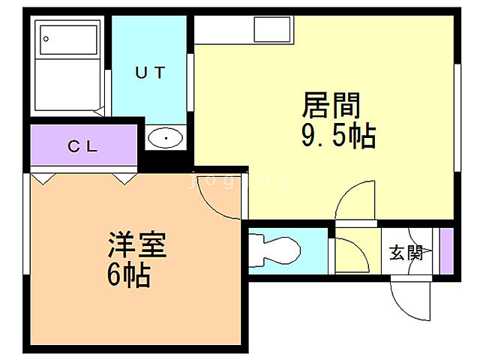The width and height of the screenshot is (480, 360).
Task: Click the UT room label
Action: click(149, 73)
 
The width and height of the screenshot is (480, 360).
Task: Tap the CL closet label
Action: click(83, 146)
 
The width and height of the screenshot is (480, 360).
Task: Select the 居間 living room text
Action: click(331, 105)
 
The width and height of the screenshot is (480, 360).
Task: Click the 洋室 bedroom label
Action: click(136, 245)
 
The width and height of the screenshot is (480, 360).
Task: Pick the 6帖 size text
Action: click(128, 275)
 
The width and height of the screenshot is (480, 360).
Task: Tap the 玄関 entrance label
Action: click(406, 253)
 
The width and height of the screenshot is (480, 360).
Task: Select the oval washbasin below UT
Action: click(166, 138)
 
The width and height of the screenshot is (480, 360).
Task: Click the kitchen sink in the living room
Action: click(271, 30)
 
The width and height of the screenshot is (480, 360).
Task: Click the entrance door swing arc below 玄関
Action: click(411, 300)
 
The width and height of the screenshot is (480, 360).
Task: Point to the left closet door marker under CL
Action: click(43, 178)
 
